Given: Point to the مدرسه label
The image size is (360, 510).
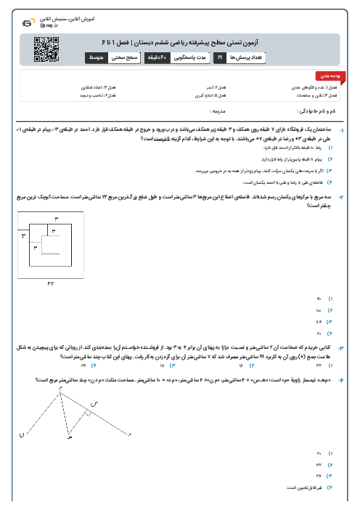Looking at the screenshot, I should point(217,111).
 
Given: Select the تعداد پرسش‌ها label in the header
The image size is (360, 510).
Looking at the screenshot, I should point(247,55).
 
